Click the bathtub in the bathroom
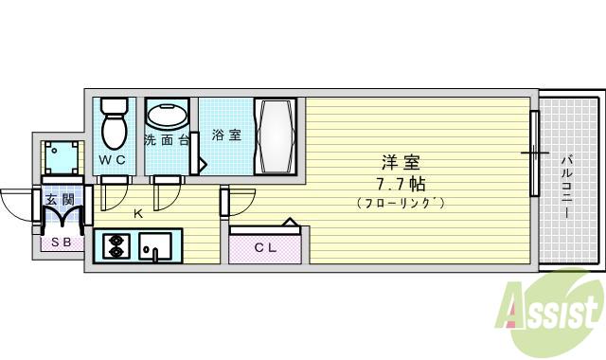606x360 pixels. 275,135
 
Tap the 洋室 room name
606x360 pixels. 400,162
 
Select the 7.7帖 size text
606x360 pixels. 400,182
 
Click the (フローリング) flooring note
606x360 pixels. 400,203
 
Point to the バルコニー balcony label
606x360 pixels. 566,185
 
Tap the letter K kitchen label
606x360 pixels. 137,214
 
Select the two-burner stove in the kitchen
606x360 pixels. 116,247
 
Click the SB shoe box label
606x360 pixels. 60,242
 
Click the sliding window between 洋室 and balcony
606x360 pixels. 534,152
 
